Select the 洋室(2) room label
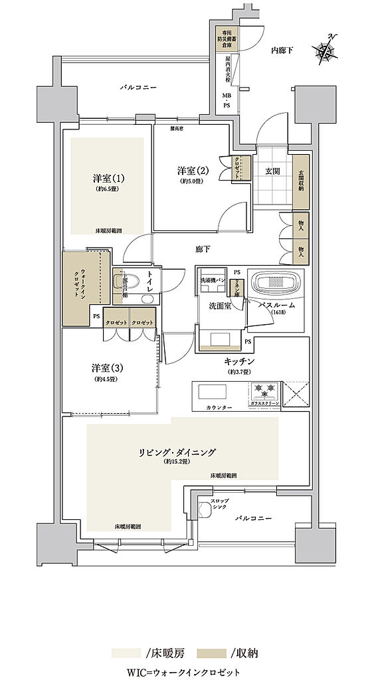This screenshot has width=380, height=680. point(193,170)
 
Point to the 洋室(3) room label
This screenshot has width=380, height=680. point(107,368)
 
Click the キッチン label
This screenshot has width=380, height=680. point(237,361)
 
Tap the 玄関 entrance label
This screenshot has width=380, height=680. point(272,171)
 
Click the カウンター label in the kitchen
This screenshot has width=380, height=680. point(219,406)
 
